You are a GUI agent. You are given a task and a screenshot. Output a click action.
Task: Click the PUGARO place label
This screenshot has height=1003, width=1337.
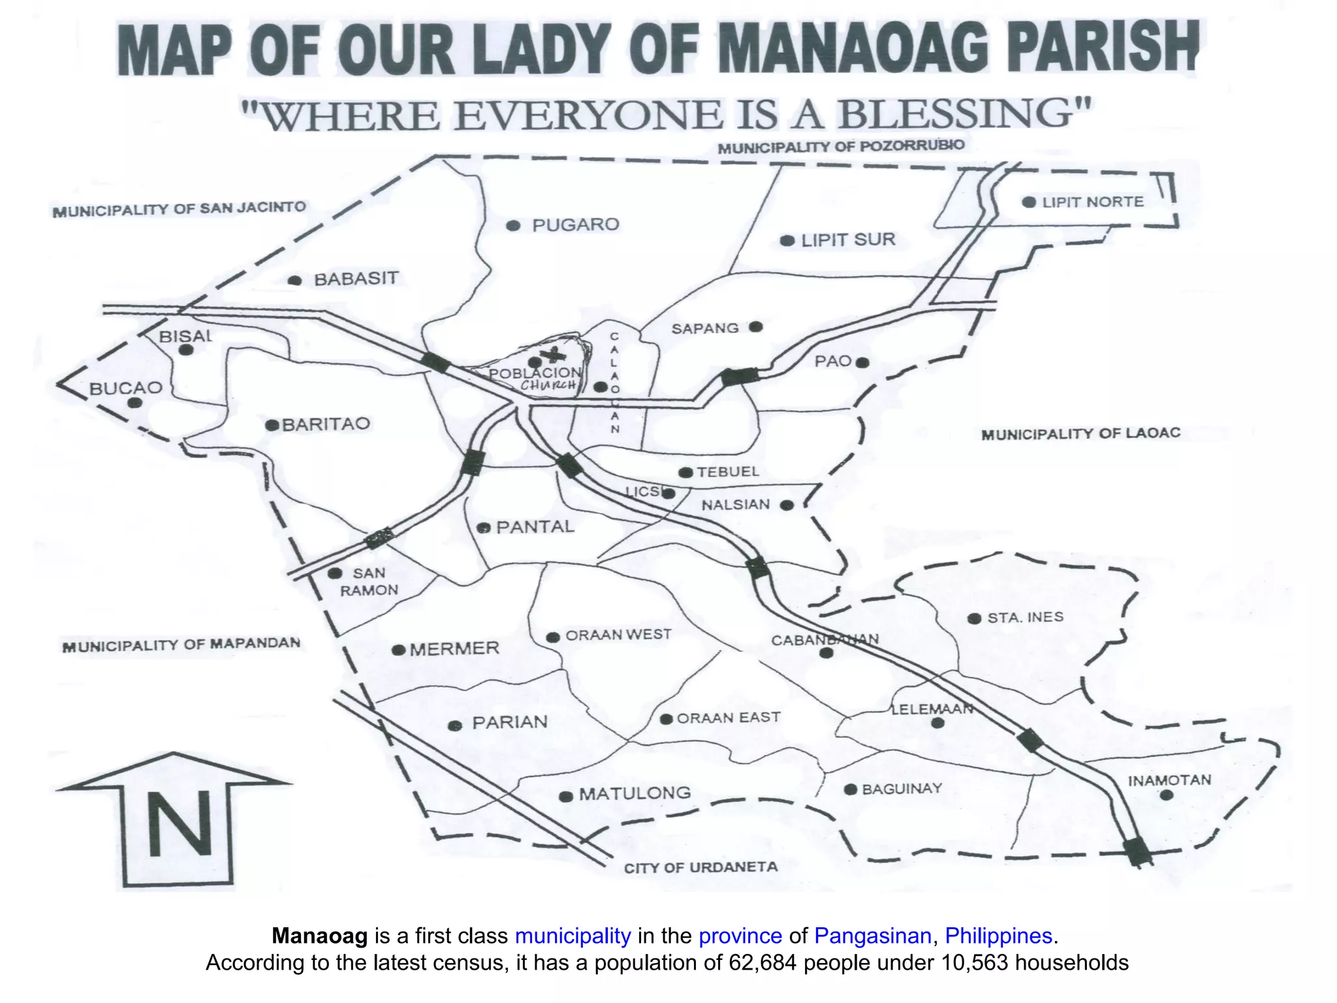coord(575,225)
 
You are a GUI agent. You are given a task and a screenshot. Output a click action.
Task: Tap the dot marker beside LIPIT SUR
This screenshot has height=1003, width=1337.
coord(787,241)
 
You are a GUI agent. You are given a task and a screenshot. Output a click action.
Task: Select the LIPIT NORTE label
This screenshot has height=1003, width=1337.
coord(1092,202)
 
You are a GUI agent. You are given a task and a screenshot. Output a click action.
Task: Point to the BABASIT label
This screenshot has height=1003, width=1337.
coord(356,279)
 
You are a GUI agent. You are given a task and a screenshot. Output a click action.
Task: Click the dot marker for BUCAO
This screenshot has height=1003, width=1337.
coord(134,403)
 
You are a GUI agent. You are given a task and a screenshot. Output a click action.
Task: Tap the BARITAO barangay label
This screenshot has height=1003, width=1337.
coord(326,424)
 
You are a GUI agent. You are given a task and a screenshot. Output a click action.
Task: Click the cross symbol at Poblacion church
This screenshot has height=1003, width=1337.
coord(556,355)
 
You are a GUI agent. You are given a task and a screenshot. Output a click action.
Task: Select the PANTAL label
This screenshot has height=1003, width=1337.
coord(535,527)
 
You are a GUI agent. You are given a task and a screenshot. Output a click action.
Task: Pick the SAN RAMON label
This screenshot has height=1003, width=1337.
coord(369,582)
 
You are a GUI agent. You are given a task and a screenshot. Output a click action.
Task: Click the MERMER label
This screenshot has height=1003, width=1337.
coord(454,649)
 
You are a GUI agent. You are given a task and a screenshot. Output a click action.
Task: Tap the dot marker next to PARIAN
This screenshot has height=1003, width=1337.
coord(457,725)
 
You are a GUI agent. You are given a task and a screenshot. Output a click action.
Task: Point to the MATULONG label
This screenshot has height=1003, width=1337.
coord(635,793)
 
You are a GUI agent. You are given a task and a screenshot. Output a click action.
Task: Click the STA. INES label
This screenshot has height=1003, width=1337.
coord(1025,617)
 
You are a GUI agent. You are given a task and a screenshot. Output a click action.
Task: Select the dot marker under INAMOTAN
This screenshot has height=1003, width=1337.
coord(1167,795)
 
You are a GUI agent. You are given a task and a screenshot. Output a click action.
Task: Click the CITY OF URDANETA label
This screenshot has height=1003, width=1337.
coord(700,867)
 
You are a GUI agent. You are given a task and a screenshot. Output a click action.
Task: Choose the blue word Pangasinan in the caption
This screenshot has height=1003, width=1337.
coord(872,936)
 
